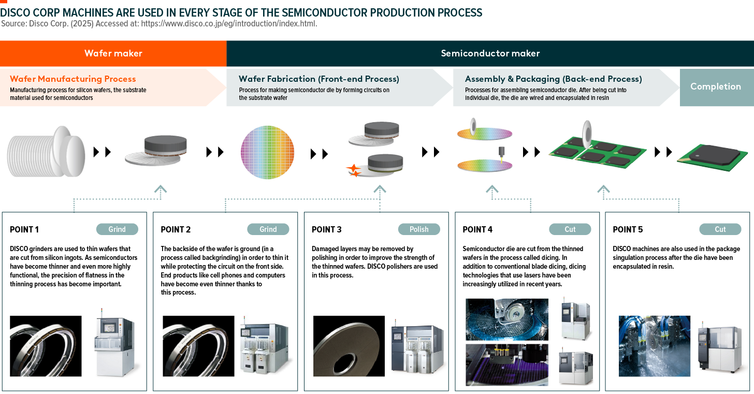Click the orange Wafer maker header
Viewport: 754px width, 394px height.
click(113, 53)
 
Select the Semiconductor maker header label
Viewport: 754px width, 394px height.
click(490, 53)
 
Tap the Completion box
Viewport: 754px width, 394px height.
click(716, 86)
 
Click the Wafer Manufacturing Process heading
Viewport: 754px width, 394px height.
click(73, 79)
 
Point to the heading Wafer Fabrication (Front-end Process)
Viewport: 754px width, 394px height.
click(318, 79)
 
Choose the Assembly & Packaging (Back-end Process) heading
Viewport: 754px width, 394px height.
click(553, 79)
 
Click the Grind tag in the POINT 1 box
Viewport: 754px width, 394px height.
click(117, 229)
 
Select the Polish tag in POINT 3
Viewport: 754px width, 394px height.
click(419, 229)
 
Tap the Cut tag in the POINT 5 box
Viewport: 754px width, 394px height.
click(720, 229)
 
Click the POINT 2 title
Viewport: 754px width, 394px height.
click(176, 230)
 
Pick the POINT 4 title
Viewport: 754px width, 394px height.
click(477, 230)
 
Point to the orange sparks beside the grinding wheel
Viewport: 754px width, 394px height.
click(354, 170)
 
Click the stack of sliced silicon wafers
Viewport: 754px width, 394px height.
click(46, 153)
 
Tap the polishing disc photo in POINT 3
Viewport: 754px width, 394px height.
click(349, 346)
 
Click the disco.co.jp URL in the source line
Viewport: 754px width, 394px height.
click(229, 24)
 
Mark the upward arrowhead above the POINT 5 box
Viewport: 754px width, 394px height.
click(603, 189)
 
